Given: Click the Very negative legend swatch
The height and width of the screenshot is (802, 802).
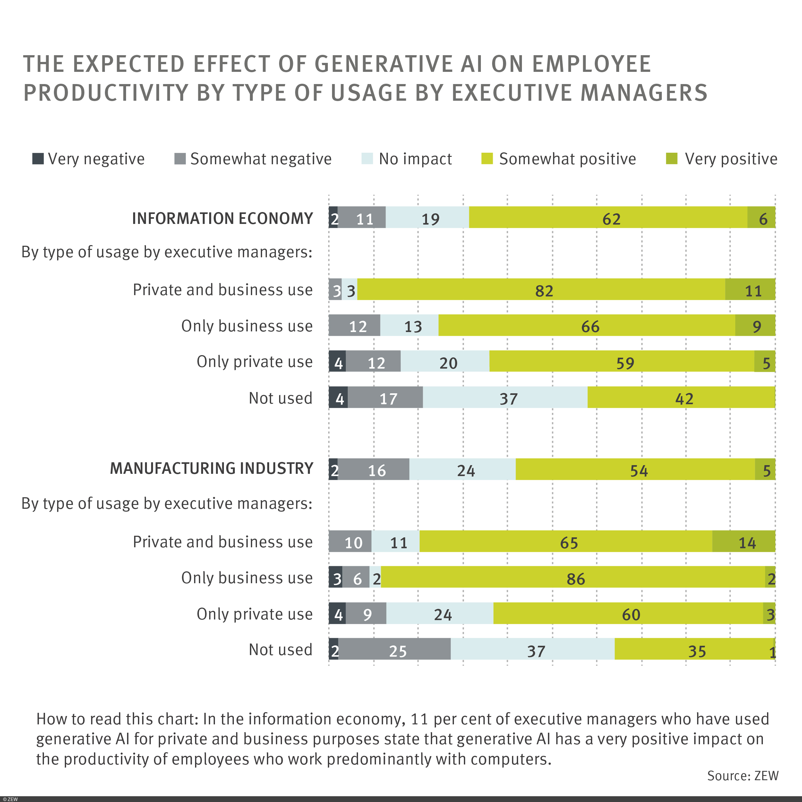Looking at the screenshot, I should (x=38, y=158).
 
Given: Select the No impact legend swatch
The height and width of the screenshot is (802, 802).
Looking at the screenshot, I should (x=367, y=158).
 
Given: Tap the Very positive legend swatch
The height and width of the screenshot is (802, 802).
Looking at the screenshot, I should (x=671, y=158).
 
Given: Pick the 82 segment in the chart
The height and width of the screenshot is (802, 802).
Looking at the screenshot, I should (x=541, y=289).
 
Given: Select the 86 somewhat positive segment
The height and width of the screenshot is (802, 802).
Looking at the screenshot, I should (x=573, y=577).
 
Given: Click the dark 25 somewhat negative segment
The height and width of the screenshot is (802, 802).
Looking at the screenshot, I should (x=394, y=649).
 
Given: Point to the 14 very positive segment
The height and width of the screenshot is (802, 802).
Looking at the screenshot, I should (x=744, y=541).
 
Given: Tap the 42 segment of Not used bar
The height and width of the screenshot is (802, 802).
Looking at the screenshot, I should (x=681, y=397).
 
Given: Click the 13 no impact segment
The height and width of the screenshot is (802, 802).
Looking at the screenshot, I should (x=409, y=325).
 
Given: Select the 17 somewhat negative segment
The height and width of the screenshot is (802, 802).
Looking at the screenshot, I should (x=385, y=397).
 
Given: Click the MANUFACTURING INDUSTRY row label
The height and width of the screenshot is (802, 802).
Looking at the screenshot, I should (x=211, y=469).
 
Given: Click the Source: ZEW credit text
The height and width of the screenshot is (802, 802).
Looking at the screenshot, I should (x=743, y=776).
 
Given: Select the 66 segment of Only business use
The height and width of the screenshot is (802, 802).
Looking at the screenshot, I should (x=586, y=325).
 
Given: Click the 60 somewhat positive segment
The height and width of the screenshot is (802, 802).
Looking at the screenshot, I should (x=628, y=613).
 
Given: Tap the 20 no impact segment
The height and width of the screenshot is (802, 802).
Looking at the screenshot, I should (x=445, y=361).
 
